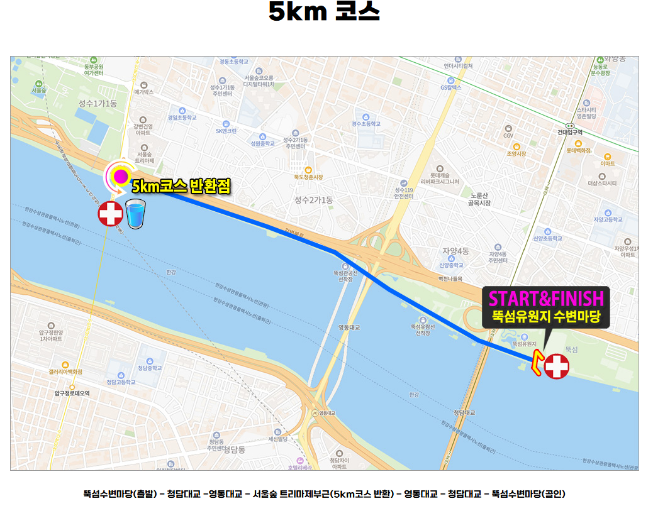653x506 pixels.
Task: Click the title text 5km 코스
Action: (x=324, y=12)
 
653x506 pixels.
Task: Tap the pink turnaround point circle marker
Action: (x=120, y=176)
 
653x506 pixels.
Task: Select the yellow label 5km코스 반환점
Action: (x=181, y=186)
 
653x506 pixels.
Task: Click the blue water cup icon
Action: (x=135, y=214)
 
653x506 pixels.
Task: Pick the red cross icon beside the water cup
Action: (x=111, y=214)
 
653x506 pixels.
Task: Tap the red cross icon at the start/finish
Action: (x=556, y=366)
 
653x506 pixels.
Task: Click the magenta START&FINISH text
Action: (x=545, y=298)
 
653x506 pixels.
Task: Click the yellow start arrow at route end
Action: (x=537, y=363)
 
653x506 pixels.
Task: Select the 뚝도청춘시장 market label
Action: (x=308, y=177)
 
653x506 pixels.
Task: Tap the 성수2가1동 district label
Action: (x=313, y=200)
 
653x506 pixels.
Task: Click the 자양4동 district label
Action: (x=455, y=251)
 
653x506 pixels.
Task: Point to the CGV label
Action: (x=508, y=136)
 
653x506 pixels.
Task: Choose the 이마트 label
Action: (x=607, y=163)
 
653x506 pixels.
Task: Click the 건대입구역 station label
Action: (x=570, y=132)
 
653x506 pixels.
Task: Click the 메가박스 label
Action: (x=143, y=92)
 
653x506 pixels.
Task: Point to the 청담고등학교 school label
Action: (x=121, y=382)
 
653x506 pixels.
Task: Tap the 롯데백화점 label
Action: (x=578, y=151)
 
